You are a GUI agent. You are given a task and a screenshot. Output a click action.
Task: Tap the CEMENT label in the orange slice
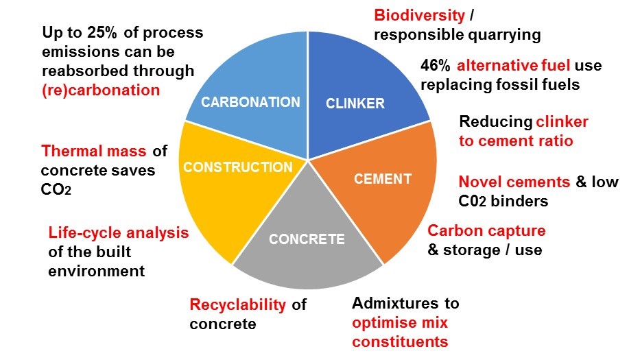click(382, 179)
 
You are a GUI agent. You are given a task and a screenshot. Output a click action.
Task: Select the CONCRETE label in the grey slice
click(307, 239)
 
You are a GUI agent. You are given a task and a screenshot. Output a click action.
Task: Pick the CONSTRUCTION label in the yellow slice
click(238, 167)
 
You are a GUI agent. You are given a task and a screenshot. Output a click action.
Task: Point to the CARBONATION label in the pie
click(250, 102)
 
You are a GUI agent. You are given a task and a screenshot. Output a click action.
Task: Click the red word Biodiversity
click(418, 14)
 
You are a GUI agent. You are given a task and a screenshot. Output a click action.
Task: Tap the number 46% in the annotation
click(436, 66)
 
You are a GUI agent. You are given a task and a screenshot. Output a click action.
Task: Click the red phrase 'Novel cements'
click(514, 182)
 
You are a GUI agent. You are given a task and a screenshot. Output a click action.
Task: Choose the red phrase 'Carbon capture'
click(486, 230)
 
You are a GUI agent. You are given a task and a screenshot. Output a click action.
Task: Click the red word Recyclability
click(237, 304)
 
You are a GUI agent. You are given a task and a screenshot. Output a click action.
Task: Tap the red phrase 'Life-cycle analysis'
click(118, 232)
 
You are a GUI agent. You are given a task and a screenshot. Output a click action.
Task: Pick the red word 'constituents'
click(400, 341)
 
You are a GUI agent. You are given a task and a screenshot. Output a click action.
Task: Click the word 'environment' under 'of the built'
click(97, 271)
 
